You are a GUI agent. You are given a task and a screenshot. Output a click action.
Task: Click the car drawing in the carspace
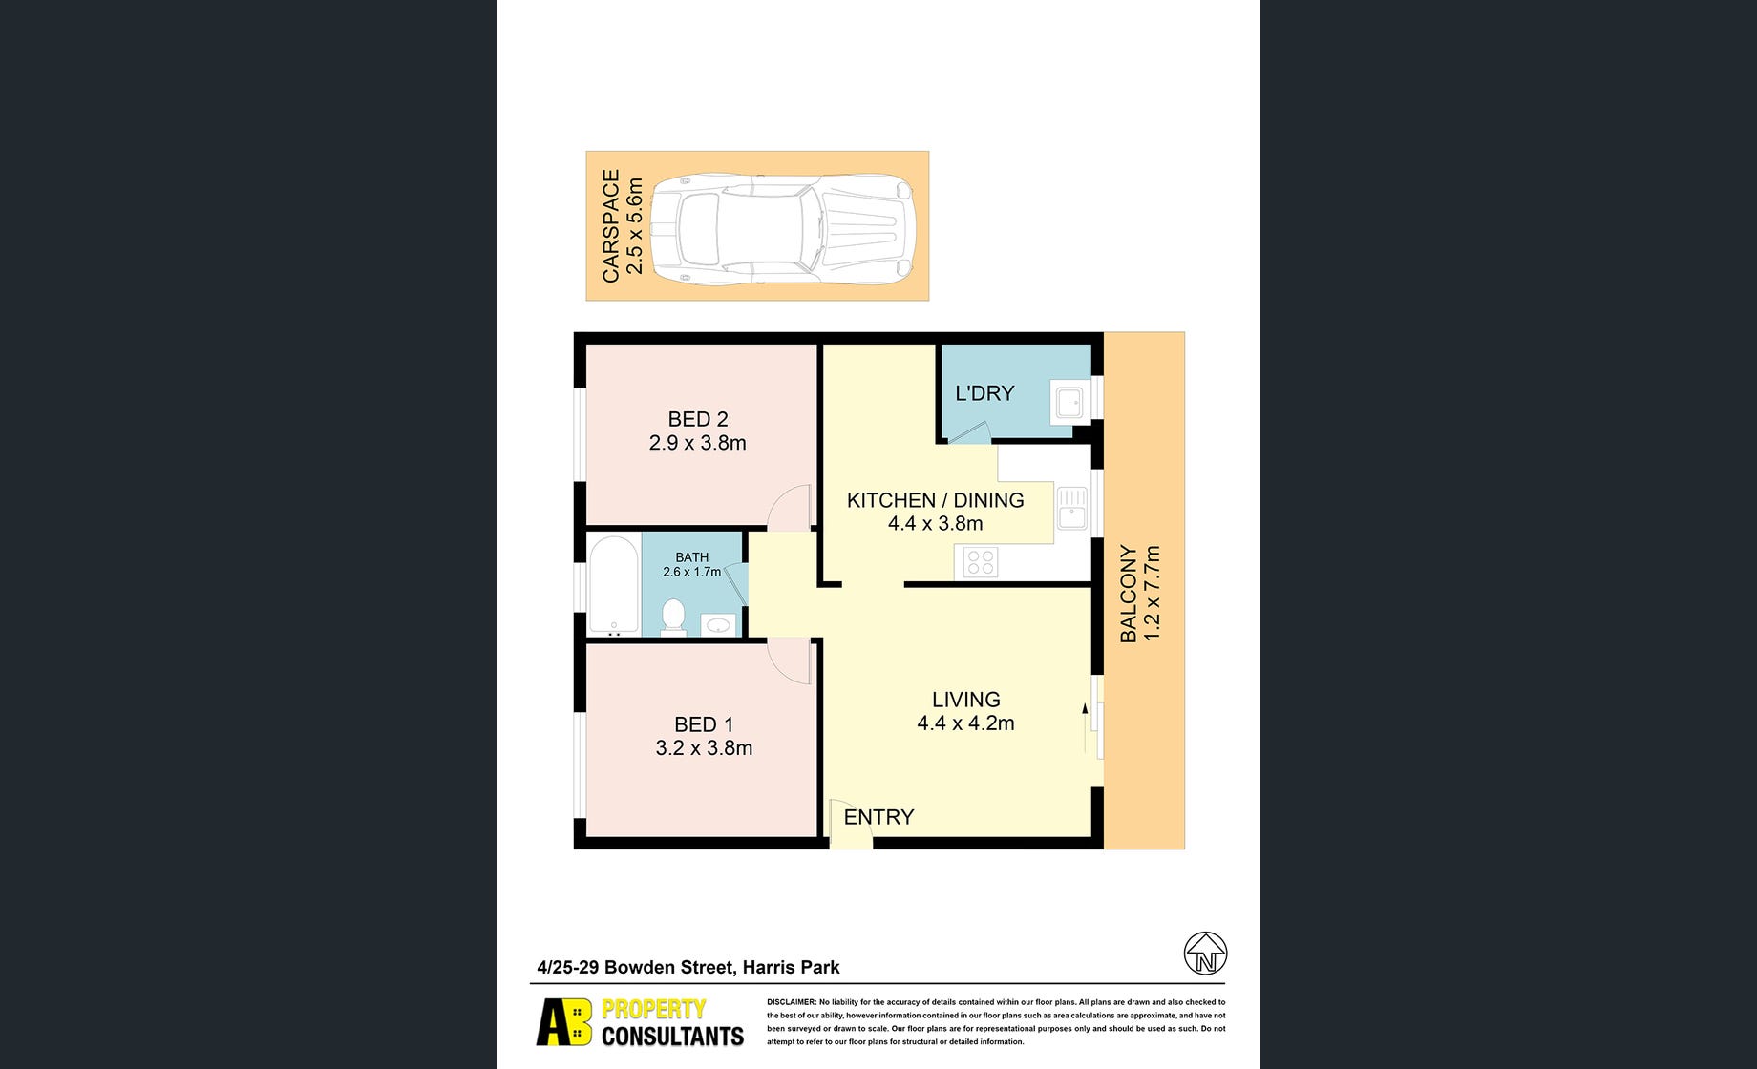tap(783, 229)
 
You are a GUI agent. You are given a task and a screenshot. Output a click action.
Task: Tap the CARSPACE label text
tap(611, 226)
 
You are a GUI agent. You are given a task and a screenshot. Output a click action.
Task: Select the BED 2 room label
tap(698, 419)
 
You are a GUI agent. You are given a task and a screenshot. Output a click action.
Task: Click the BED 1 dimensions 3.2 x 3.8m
tap(704, 748)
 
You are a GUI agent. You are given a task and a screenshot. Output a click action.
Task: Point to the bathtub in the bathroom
tap(613, 585)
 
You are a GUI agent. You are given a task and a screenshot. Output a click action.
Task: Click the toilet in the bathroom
tap(673, 617)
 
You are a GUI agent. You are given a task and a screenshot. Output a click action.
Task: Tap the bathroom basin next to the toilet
tap(718, 626)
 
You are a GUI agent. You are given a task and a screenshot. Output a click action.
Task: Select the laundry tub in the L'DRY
tap(1069, 402)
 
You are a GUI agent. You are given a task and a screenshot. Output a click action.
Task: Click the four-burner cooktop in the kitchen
tap(981, 562)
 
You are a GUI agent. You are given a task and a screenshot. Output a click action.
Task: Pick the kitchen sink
tap(1071, 508)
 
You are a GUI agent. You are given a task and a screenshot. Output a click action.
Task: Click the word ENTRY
tap(878, 817)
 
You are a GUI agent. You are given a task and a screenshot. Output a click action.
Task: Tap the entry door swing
tap(850, 822)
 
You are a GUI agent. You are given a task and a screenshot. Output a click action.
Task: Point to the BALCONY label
tap(1129, 594)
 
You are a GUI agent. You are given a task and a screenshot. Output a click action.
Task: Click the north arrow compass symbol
tap(1205, 954)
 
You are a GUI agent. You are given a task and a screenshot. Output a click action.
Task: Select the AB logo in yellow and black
tap(564, 1022)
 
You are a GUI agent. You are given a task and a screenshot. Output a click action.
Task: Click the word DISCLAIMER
tap(791, 1002)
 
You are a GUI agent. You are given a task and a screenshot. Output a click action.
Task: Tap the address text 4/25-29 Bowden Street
tap(636, 967)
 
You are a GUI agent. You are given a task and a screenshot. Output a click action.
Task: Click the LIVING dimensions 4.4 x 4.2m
tap(965, 723)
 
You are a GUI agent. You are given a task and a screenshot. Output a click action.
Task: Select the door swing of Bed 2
tap(789, 509)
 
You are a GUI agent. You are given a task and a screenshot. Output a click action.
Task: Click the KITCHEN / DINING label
tap(936, 500)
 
